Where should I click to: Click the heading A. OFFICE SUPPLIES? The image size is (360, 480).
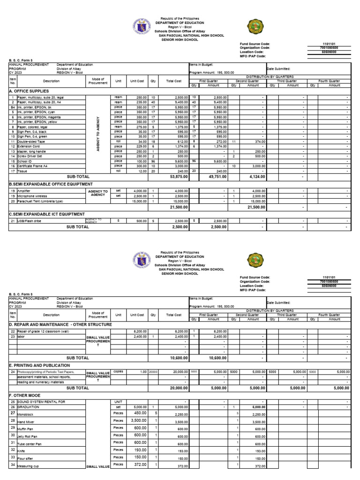(x=29, y=90)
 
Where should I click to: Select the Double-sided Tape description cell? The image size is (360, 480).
(x=31, y=141)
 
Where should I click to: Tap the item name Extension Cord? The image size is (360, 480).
(x=29, y=147)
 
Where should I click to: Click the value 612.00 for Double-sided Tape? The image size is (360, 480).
(x=176, y=141)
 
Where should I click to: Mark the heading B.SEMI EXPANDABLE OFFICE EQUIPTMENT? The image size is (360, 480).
(x=51, y=184)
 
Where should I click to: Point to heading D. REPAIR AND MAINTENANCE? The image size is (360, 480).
(x=60, y=324)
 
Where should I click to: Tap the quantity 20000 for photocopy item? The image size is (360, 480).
(x=153, y=371)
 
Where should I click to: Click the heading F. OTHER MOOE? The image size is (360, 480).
(x=26, y=396)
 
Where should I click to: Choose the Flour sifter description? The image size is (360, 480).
(x=27, y=459)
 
